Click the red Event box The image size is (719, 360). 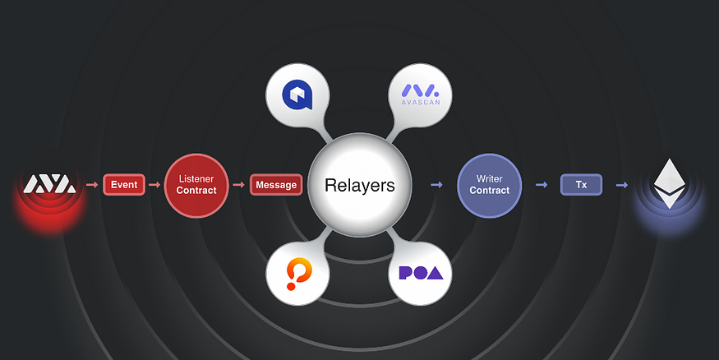[x=124, y=184]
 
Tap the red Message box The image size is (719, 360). [x=275, y=185]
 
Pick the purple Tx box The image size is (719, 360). [x=581, y=184]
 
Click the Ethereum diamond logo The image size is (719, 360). [x=669, y=182]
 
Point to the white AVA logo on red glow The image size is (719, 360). [x=48, y=183]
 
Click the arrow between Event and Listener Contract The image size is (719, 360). [x=155, y=184]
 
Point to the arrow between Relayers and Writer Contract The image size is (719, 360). [x=437, y=184]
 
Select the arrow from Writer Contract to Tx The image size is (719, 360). [x=541, y=184]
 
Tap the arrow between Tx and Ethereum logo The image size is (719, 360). [x=621, y=184]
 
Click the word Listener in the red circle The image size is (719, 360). [x=196, y=178]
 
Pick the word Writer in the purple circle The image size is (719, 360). [x=489, y=178]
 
